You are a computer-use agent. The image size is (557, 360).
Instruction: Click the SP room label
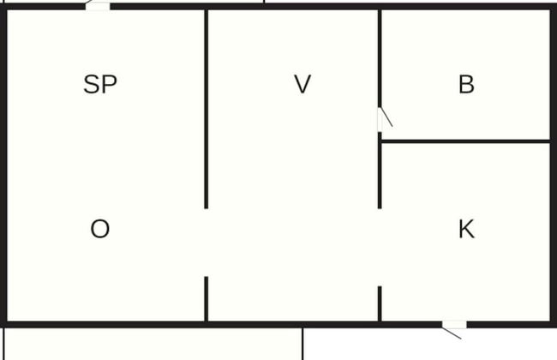pyautogui.click(x=100, y=85)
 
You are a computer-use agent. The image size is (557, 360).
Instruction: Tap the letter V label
pyautogui.click(x=302, y=85)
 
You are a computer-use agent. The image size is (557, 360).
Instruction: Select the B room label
pyautogui.click(x=466, y=85)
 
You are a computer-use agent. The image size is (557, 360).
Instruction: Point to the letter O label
pyautogui.click(x=100, y=229)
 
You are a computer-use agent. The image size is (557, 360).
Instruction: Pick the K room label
pyautogui.click(x=466, y=229)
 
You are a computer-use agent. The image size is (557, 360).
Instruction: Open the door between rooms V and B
pyautogui.click(x=380, y=120)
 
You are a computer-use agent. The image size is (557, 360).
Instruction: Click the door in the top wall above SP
pyautogui.click(x=99, y=6)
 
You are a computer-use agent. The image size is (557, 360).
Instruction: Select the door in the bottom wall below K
pyautogui.click(x=454, y=324)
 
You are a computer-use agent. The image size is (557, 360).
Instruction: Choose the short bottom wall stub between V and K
pyautogui.click(x=380, y=303)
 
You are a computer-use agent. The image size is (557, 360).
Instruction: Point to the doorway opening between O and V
pyautogui.click(x=207, y=243)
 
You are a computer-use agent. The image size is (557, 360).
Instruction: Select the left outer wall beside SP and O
pyautogui.click(x=3, y=163)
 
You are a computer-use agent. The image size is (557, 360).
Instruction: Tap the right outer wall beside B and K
pyautogui.click(x=553, y=163)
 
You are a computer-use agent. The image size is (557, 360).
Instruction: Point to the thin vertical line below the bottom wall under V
pyautogui.click(x=302, y=343)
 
